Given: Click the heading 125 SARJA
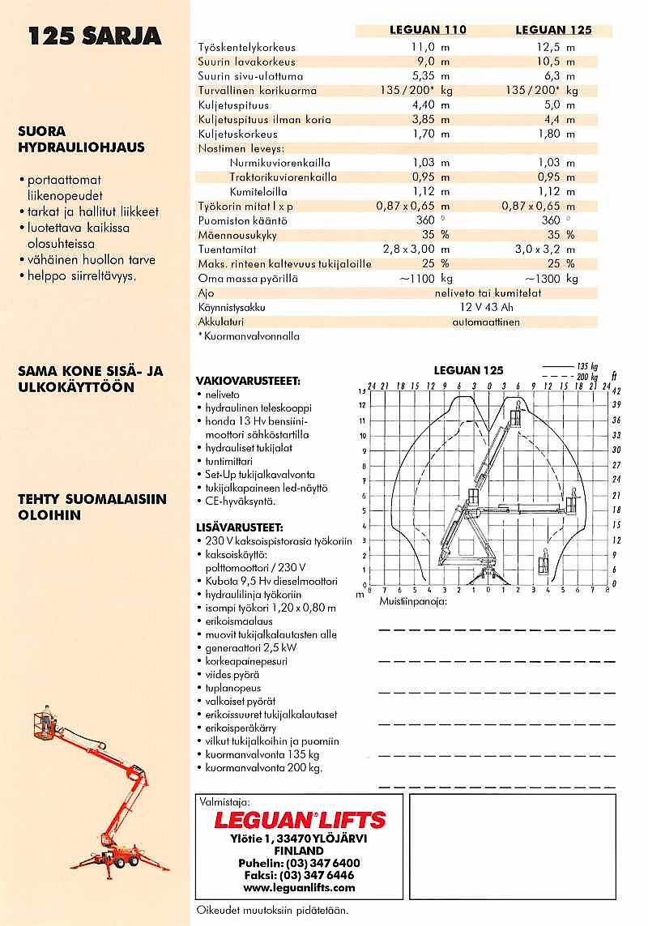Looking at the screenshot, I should point(95,36).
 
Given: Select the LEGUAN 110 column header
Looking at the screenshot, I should point(428,30).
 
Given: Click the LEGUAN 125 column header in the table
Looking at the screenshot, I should point(553,30).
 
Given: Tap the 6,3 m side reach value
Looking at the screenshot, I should point(556,75).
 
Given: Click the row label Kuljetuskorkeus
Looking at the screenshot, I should point(237,134).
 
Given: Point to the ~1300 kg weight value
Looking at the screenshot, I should point(552,279).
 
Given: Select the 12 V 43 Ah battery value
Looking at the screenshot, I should point(486,308).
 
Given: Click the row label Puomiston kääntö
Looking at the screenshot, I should point(242,220).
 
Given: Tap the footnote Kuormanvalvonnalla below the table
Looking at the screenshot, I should point(251,336).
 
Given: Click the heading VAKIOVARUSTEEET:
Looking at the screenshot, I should point(248,381).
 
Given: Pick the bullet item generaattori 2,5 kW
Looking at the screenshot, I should point(250,648).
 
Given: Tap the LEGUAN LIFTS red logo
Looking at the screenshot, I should point(300,820).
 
